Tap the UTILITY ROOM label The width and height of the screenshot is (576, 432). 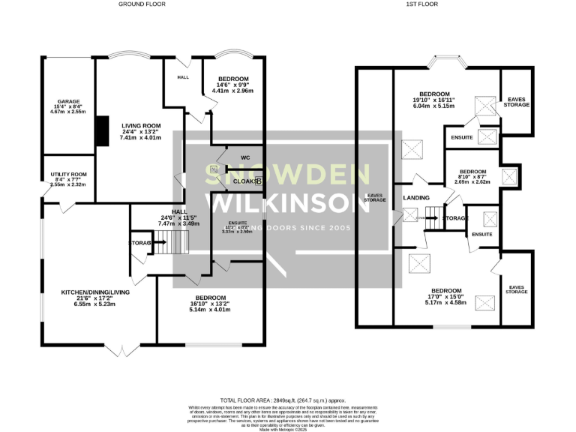(x=69, y=174)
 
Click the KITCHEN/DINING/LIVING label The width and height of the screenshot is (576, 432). (x=95, y=292)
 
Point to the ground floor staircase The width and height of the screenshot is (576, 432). (x=175, y=243)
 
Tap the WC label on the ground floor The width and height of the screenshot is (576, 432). (x=245, y=157)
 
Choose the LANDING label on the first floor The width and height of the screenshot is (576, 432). (x=416, y=197)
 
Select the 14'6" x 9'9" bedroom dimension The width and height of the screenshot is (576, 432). (x=235, y=85)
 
